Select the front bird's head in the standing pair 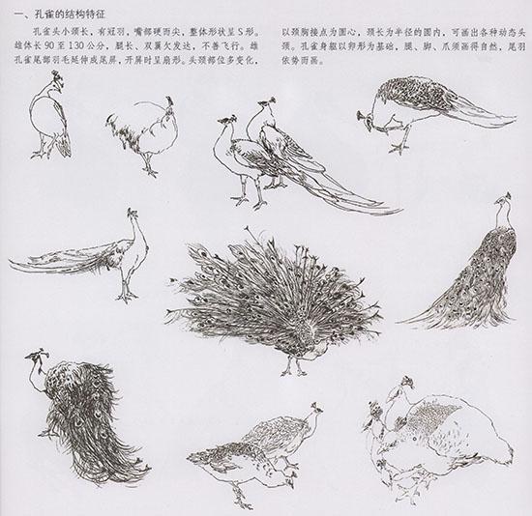coord(228,123)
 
